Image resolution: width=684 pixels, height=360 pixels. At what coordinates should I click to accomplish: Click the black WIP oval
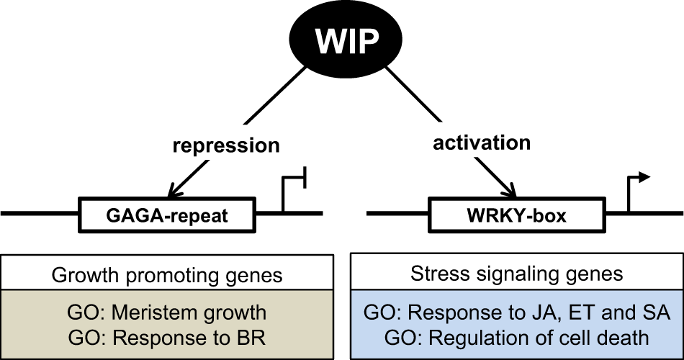tap(346, 42)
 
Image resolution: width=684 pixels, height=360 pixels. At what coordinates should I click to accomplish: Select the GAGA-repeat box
tap(167, 215)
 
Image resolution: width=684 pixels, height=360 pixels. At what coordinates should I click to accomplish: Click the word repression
tap(226, 145)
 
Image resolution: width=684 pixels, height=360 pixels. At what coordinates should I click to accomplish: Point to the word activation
tap(482, 143)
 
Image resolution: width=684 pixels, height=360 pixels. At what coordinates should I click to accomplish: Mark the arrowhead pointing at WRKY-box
tap(512, 192)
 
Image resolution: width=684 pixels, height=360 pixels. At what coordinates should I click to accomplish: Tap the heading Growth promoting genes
tap(167, 275)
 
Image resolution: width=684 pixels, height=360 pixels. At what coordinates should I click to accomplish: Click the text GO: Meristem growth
tap(167, 313)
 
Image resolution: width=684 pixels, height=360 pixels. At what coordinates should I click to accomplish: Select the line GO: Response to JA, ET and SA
tap(516, 312)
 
